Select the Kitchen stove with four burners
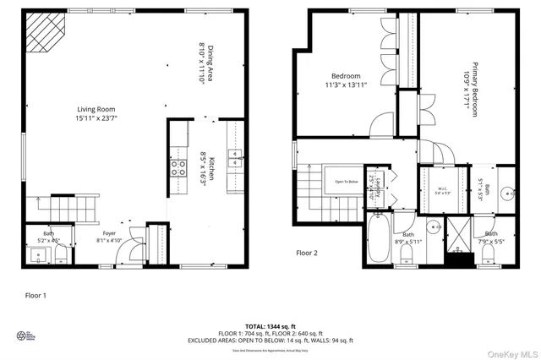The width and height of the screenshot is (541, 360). point(179,166)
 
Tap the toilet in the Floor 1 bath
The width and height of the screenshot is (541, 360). point(61,253)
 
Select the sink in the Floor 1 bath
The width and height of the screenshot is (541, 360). point(36,253)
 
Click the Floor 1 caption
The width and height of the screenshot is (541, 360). point(35,296)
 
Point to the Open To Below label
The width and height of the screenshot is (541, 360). point(347,181)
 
